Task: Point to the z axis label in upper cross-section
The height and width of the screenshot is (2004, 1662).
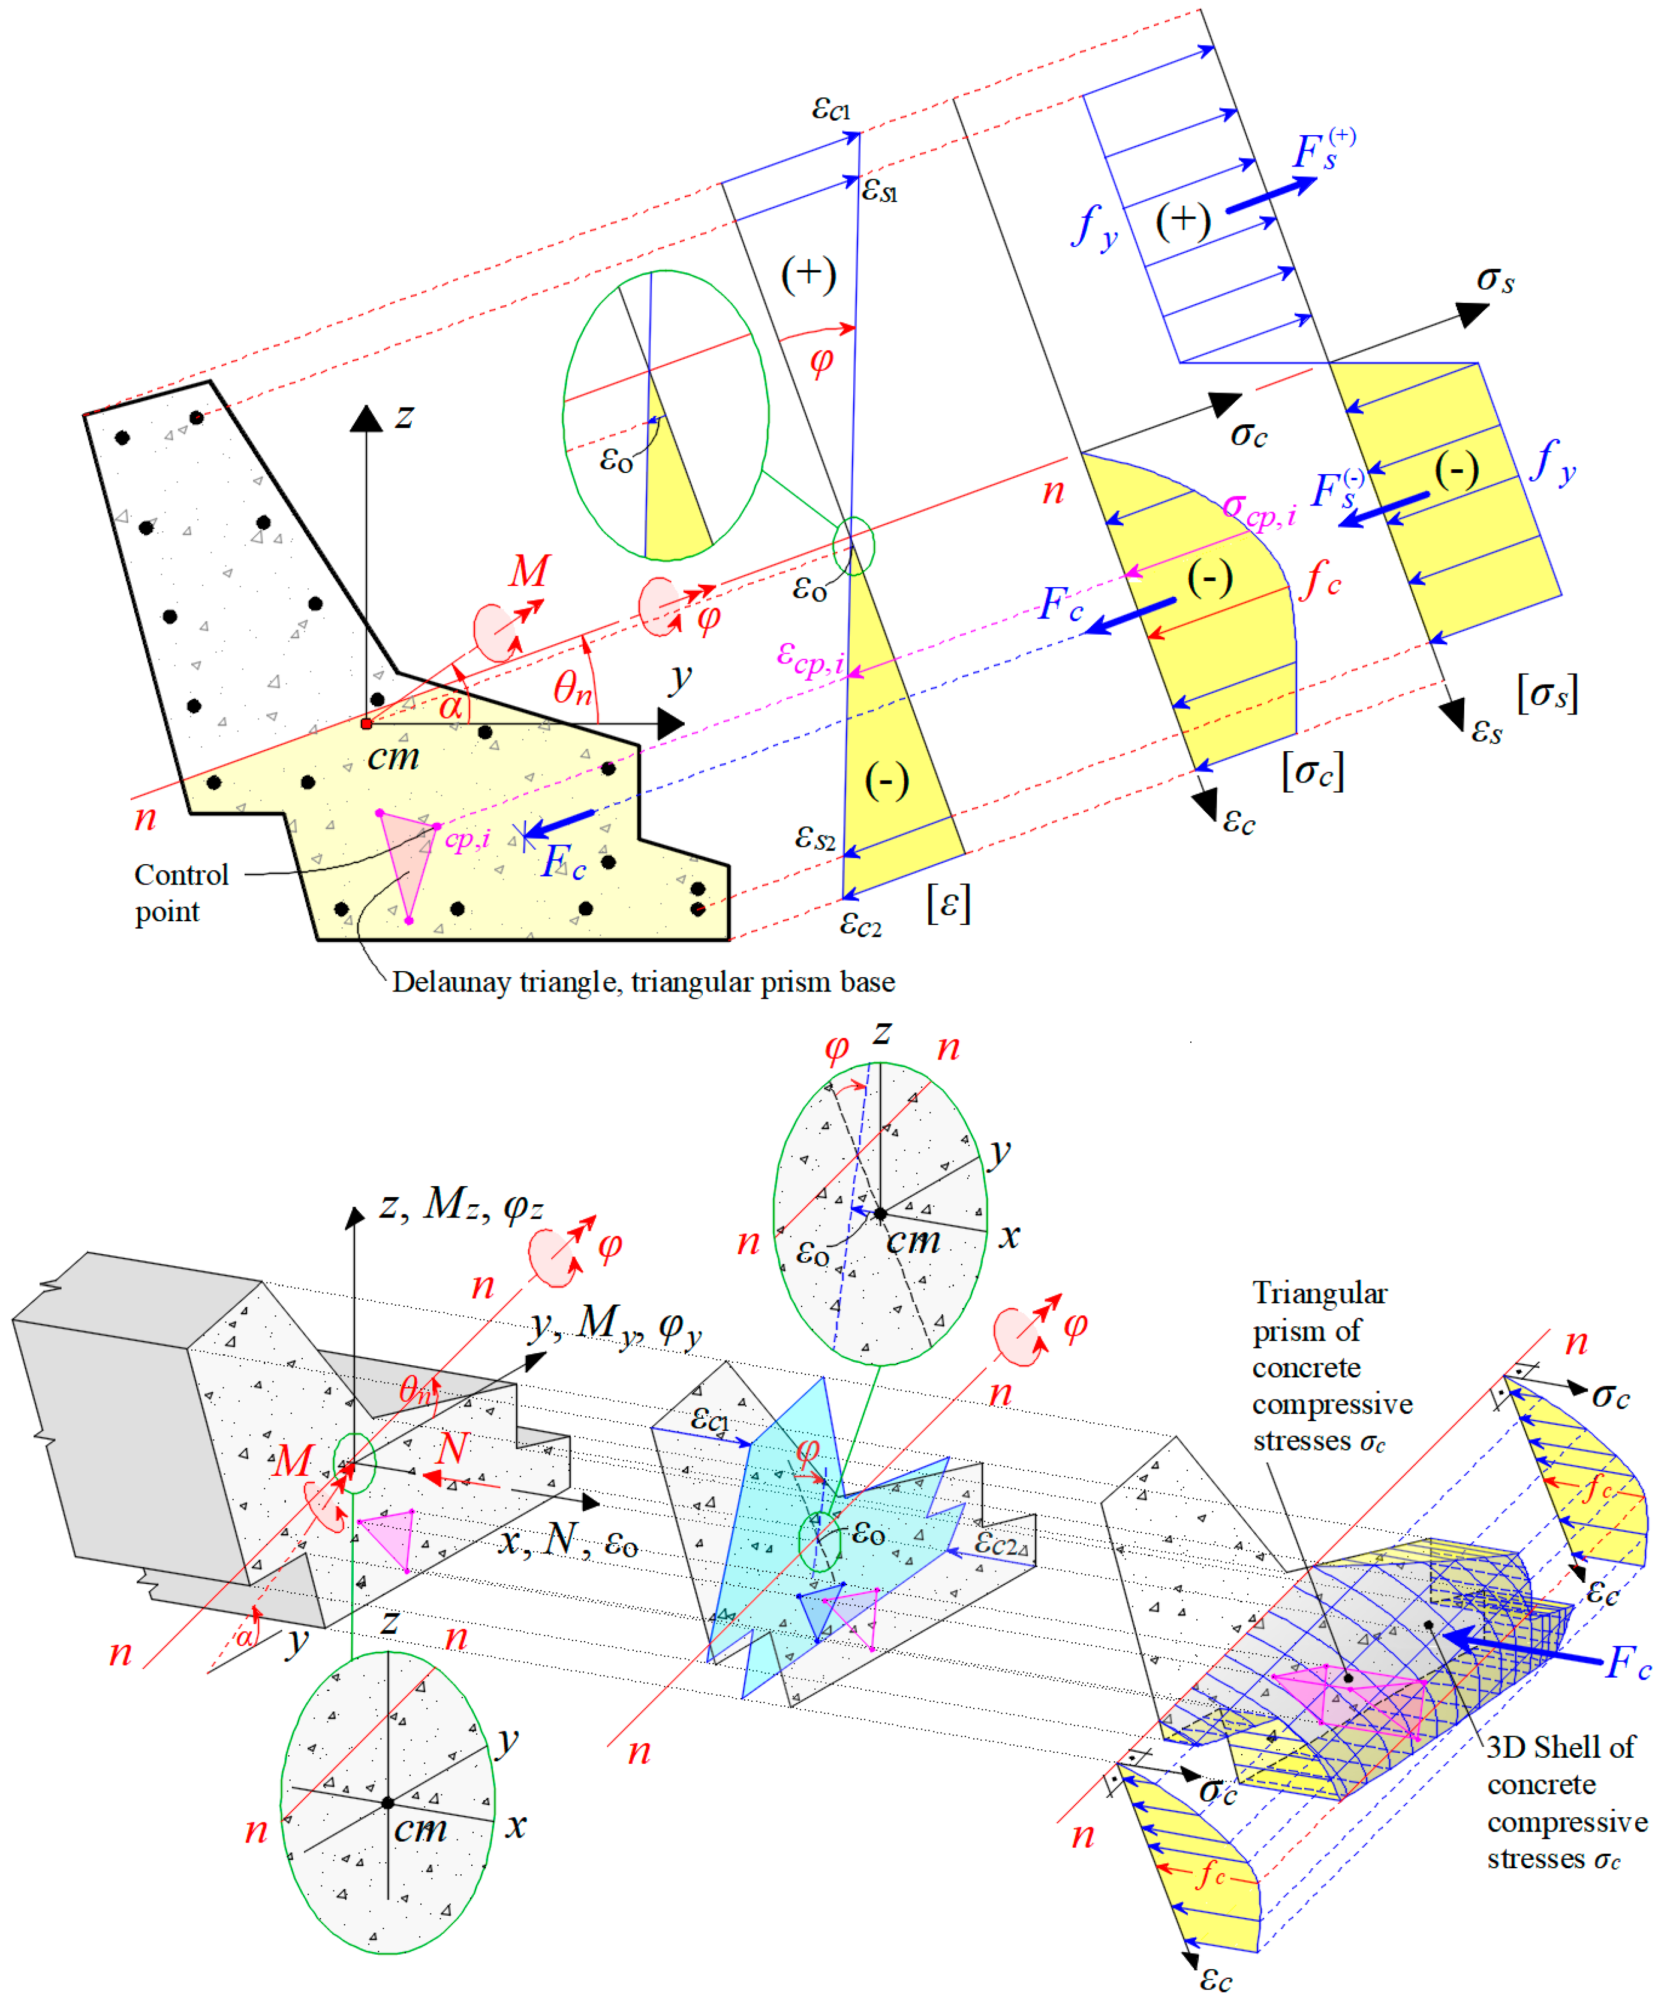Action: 405,416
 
